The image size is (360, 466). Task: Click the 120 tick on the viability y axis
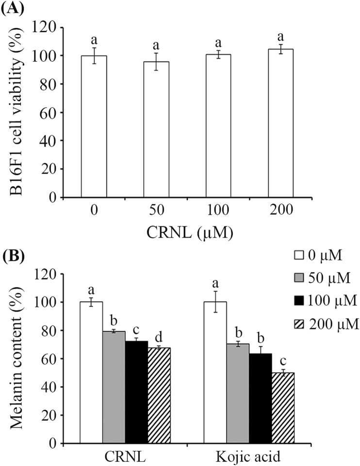coord(48,28)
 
